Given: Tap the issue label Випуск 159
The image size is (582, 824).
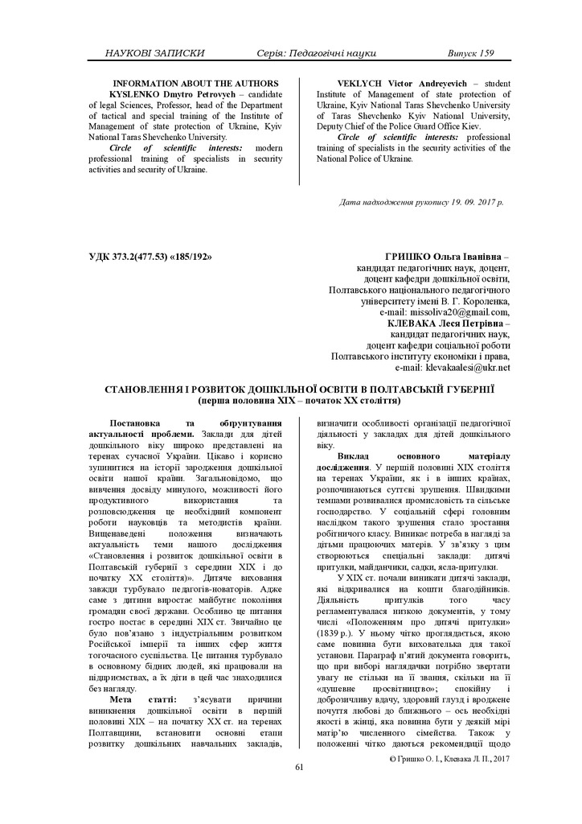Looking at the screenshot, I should pos(470,53).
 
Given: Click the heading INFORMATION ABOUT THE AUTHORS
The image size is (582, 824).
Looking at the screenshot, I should pos(195,83).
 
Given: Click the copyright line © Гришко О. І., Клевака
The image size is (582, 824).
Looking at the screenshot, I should pos(449,757).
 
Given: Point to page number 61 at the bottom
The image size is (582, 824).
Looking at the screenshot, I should pos(299,767).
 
